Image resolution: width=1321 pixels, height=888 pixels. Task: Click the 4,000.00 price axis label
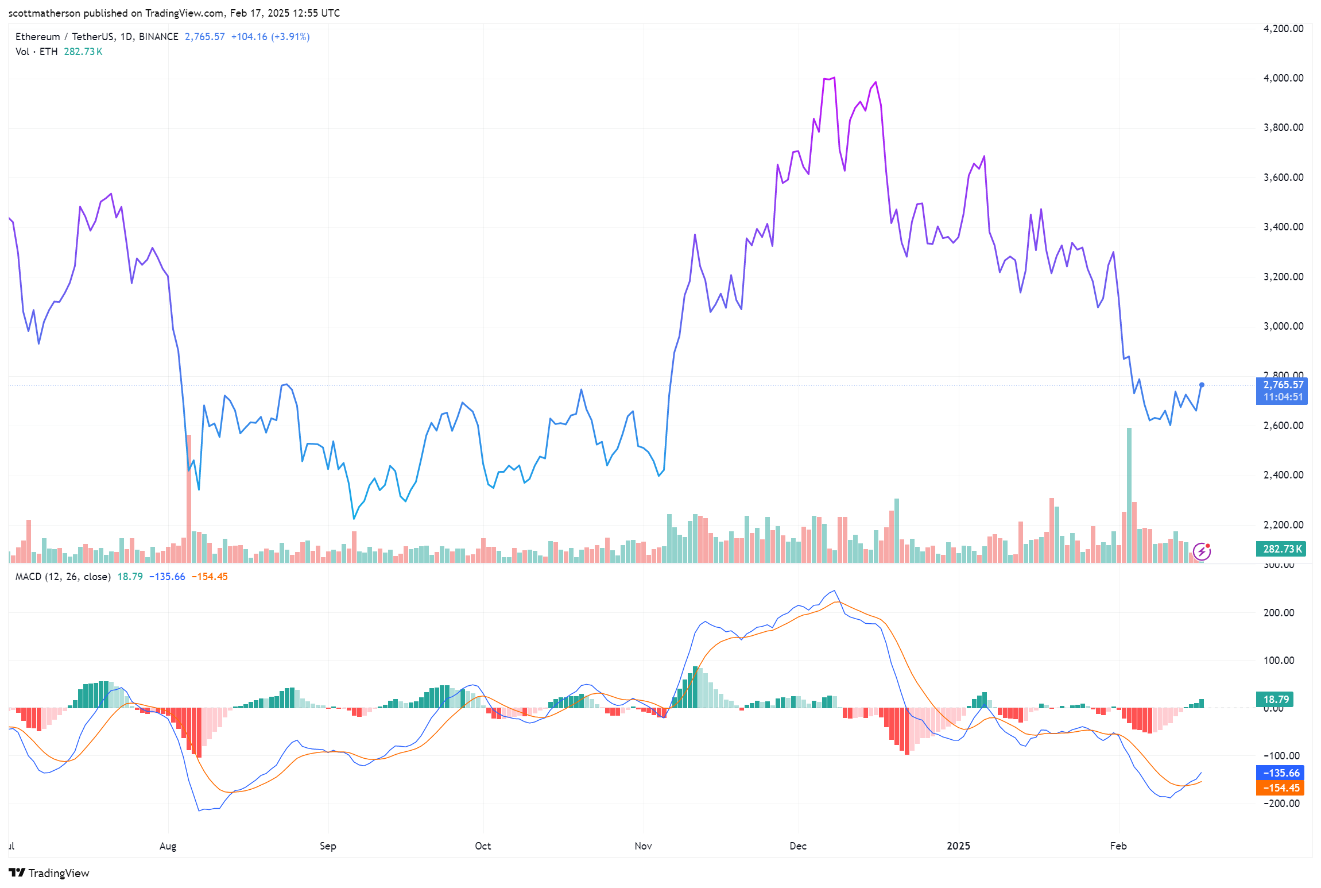click(1283, 78)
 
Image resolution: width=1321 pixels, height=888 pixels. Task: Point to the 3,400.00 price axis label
click(1283, 227)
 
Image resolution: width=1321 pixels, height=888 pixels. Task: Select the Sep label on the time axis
click(328, 845)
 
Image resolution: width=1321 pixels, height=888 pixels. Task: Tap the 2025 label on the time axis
click(958, 845)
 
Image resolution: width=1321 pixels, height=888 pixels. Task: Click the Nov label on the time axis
click(643, 845)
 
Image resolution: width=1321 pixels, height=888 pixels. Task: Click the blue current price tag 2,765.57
click(1283, 385)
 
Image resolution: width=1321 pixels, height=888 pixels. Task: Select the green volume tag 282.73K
click(1282, 549)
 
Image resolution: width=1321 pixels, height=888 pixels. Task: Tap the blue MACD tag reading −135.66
click(1281, 773)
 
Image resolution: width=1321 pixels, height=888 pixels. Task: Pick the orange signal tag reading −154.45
click(1281, 788)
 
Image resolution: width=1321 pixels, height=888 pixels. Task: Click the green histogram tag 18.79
click(1276, 699)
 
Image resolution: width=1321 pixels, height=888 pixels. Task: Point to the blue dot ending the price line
click(1202, 385)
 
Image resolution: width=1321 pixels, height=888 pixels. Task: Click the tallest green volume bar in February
click(1129, 494)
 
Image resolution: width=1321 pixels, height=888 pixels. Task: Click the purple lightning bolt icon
click(1202, 552)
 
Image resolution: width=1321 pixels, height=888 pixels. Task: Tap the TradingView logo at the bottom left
click(49, 873)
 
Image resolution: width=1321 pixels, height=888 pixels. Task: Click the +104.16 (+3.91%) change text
click(270, 37)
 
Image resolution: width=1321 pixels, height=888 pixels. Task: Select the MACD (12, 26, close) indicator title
click(63, 577)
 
